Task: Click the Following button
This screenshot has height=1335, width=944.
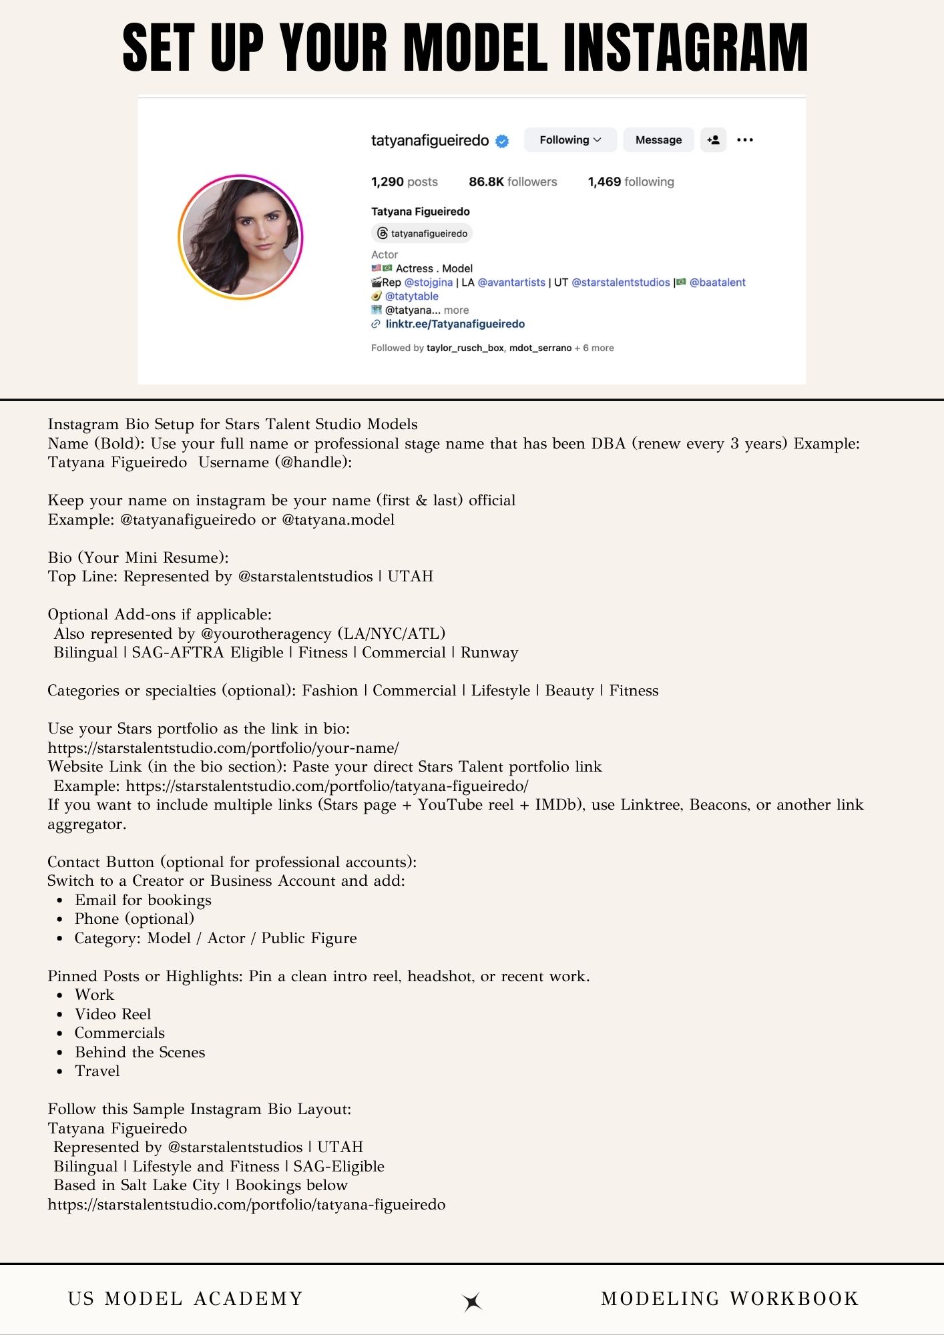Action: pyautogui.click(x=569, y=140)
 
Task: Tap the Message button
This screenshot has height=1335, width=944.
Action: pyautogui.click(x=658, y=140)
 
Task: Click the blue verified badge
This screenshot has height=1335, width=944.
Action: pyautogui.click(x=502, y=141)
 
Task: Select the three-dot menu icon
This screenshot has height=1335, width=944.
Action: pyautogui.click(x=745, y=140)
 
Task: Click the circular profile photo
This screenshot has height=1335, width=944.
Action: pyautogui.click(x=240, y=237)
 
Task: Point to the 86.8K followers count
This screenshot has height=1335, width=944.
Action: pyautogui.click(x=512, y=182)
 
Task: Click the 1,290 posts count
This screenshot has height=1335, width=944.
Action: pyautogui.click(x=404, y=182)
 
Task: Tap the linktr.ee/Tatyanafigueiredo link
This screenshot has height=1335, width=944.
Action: pyautogui.click(x=455, y=324)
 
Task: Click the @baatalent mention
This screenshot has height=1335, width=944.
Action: pyautogui.click(x=717, y=282)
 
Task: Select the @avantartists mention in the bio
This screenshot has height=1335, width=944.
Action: pyautogui.click(x=511, y=282)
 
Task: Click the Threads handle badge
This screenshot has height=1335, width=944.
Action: pyautogui.click(x=422, y=234)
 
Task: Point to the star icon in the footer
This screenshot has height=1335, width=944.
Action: pyautogui.click(x=472, y=1301)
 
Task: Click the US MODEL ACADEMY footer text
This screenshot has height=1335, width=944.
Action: pyautogui.click(x=185, y=1298)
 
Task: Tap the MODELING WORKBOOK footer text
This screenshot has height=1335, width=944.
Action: pyautogui.click(x=729, y=1298)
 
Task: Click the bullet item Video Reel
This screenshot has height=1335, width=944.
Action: pyautogui.click(x=113, y=1014)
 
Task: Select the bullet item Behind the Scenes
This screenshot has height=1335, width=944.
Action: pyautogui.click(x=140, y=1052)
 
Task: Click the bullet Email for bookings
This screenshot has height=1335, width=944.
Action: pyautogui.click(x=143, y=900)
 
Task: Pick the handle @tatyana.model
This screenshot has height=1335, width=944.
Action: pyautogui.click(x=338, y=519)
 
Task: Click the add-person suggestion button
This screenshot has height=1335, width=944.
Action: pyautogui.click(x=713, y=140)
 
